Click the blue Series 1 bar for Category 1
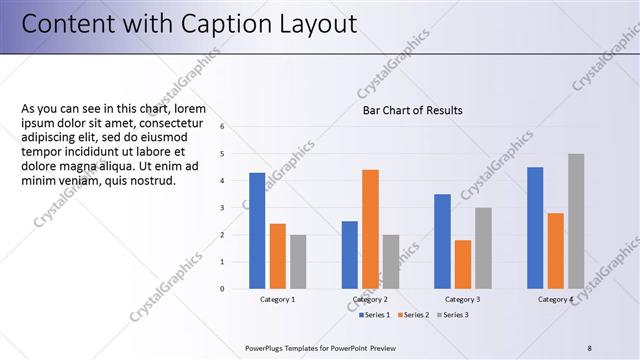pyautogui.click(x=257, y=230)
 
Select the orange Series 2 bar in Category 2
pyautogui.click(x=370, y=229)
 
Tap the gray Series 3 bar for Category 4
pyautogui.click(x=576, y=221)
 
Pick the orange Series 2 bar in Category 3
pyautogui.click(x=463, y=264)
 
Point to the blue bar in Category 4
pyautogui.click(x=535, y=227)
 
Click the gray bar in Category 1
pyautogui.click(x=299, y=262)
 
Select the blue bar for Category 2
pyautogui.click(x=349, y=254)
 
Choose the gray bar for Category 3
pyautogui.click(x=483, y=248)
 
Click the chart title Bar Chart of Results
pyautogui.click(x=412, y=110)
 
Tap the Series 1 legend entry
pyautogui.click(x=375, y=315)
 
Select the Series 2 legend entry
pyautogui.click(x=414, y=315)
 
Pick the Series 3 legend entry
pyautogui.click(x=452, y=315)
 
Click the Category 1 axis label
pyautogui.click(x=277, y=299)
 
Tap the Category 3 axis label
pyautogui.click(x=462, y=299)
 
